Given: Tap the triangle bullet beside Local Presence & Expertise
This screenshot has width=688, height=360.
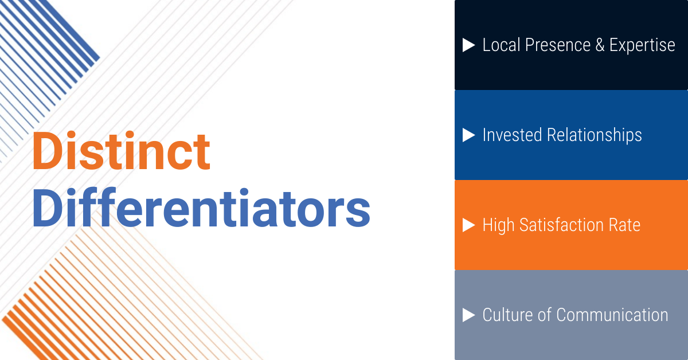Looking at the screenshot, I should point(469,45).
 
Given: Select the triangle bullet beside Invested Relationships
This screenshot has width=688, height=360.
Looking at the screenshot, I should point(469,135).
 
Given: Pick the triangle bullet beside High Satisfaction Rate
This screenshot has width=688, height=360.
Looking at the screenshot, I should point(469,225).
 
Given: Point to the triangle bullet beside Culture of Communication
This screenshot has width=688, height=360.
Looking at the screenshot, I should point(469,315).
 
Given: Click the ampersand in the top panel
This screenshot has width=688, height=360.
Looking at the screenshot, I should point(600,45).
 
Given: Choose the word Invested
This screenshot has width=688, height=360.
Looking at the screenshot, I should point(512,135).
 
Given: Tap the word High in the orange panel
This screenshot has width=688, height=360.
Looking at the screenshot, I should point(499,225).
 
